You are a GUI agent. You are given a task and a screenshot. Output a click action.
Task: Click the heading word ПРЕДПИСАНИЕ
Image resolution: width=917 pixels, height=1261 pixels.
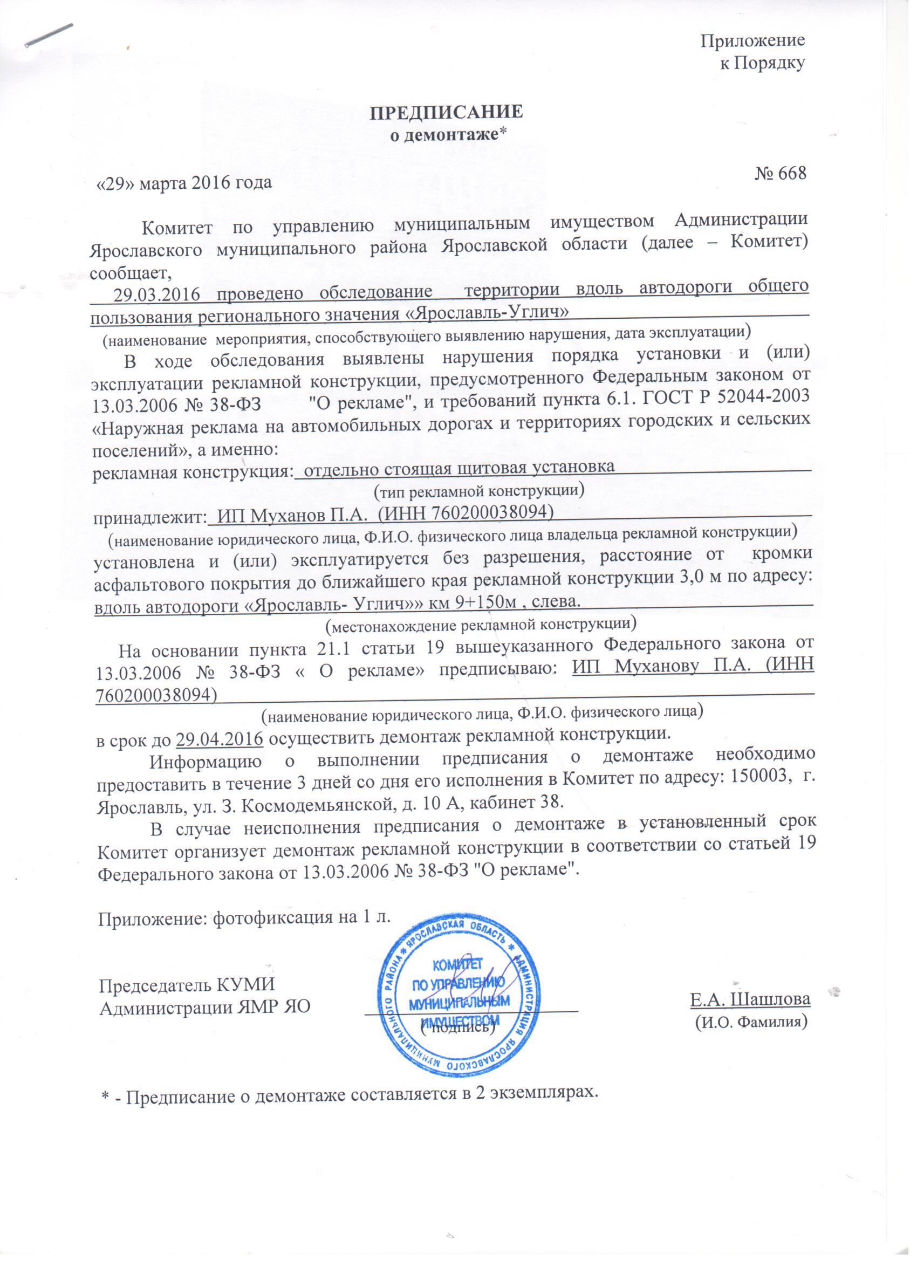click(447, 112)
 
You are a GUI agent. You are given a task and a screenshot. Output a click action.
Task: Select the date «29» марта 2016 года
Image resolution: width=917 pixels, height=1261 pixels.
click(184, 183)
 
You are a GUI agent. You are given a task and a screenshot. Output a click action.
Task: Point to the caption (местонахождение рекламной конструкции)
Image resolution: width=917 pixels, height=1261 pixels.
click(481, 625)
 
